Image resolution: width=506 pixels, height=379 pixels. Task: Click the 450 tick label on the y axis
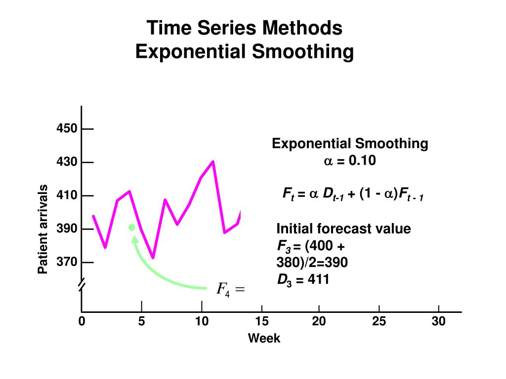67,129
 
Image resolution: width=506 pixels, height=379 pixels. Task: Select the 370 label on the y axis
67,262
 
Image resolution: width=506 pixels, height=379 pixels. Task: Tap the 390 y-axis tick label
67,229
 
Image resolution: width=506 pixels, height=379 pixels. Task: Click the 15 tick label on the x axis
261,322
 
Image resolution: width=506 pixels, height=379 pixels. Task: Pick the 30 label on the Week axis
438,322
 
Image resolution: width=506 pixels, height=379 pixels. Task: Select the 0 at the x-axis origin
82,322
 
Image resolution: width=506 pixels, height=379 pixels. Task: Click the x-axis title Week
264,339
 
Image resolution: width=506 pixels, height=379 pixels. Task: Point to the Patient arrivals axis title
43,229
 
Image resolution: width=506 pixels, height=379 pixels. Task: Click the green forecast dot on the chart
132,227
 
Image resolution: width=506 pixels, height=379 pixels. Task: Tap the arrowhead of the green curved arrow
134,239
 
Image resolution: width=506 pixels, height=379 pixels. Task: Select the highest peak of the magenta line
213,161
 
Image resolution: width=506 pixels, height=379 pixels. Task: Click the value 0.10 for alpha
362,161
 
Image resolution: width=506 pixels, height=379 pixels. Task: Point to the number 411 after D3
319,280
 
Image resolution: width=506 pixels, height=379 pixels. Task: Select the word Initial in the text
293,229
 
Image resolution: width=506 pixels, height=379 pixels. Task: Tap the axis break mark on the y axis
82,285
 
